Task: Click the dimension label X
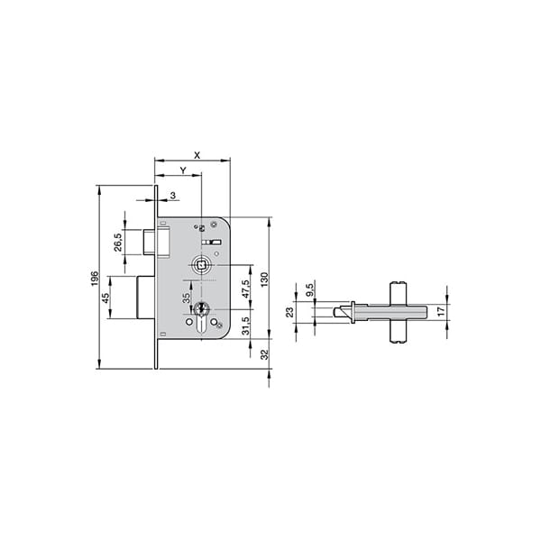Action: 197,155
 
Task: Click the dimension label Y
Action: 183,170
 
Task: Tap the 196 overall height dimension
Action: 95,279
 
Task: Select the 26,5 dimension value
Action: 117,243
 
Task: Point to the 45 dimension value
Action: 105,298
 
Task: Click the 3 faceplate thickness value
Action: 173,196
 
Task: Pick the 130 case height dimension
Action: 264,280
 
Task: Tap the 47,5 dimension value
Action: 245,289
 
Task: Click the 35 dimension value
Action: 186,298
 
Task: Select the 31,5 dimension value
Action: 245,326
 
